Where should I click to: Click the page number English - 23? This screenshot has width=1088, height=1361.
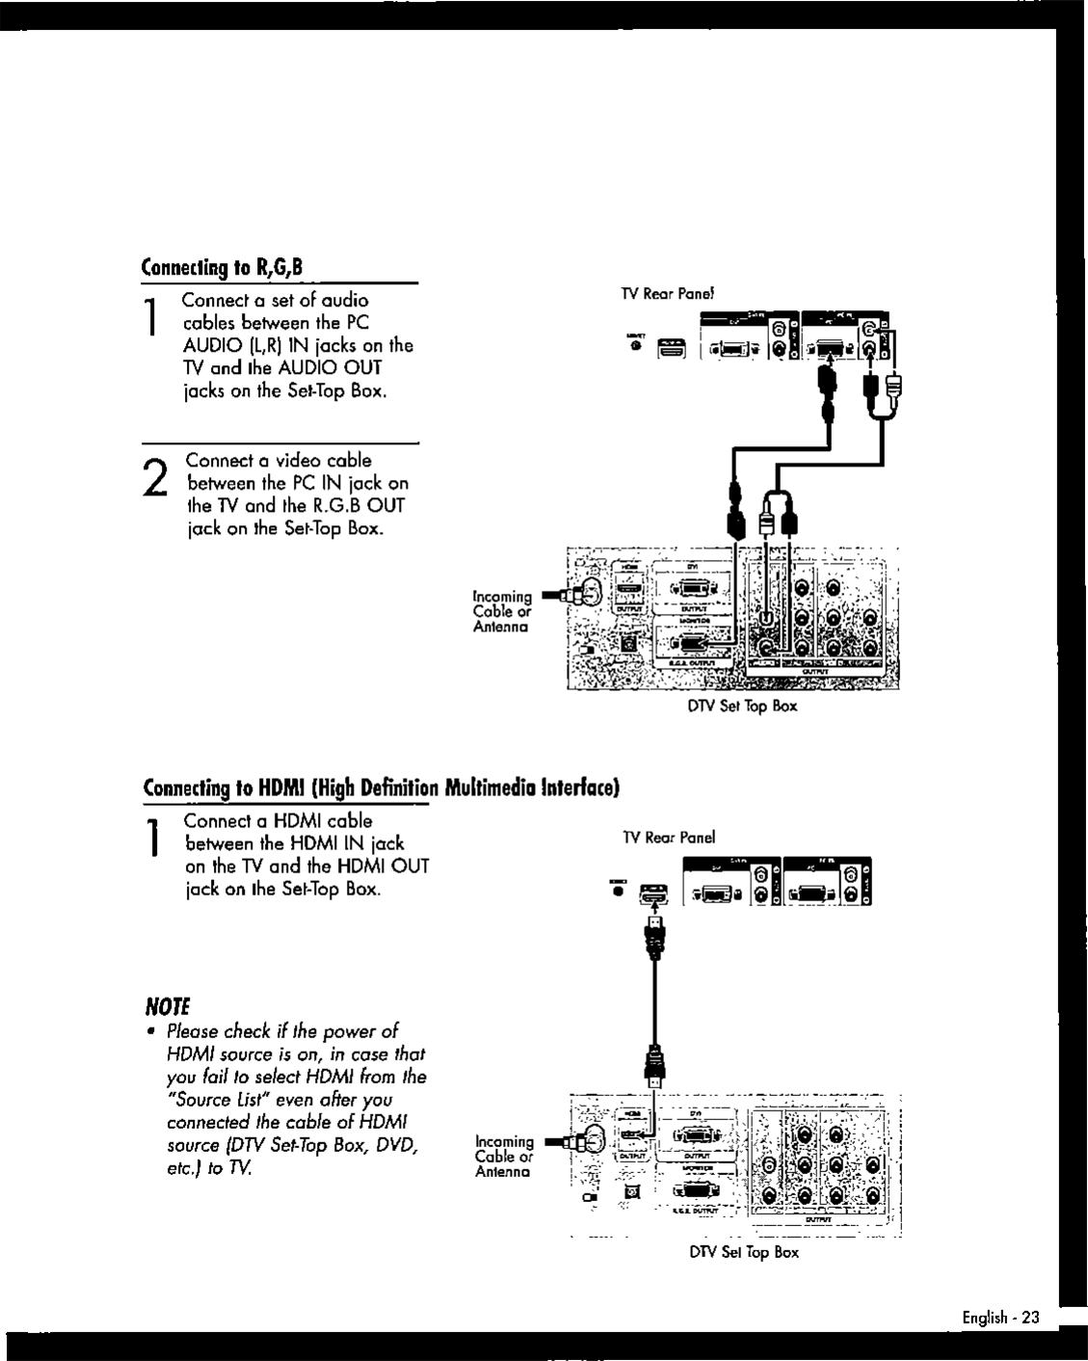click(x=1000, y=1318)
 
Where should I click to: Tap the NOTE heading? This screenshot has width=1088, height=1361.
click(x=168, y=1006)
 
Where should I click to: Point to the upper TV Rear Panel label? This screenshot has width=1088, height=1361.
click(x=666, y=293)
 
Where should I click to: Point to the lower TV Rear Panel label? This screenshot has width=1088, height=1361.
click(x=669, y=838)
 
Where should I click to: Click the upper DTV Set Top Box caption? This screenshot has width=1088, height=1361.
click(x=742, y=707)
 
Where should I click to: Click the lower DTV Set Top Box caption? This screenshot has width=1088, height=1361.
click(x=743, y=1252)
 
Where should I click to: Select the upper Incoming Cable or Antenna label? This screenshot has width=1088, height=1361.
click(x=502, y=611)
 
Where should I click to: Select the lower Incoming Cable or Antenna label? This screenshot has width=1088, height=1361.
click(x=504, y=1156)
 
